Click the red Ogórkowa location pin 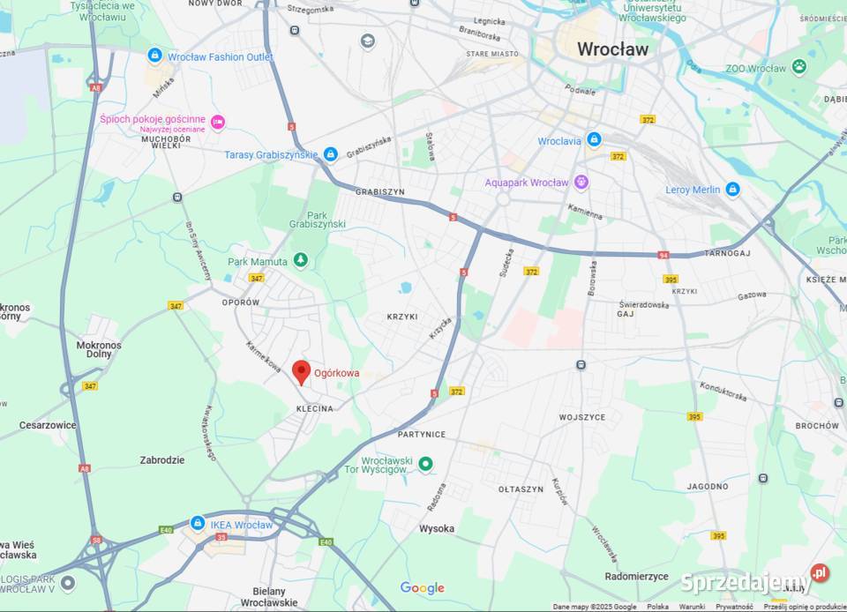(302, 372)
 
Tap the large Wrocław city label (612, 49)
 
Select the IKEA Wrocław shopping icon (198, 523)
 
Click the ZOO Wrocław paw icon (798, 66)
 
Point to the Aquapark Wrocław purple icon (581, 183)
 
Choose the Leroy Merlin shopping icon (732, 189)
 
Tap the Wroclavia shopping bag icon (594, 140)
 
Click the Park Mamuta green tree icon (300, 260)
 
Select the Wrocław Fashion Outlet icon (155, 56)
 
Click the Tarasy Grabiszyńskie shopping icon (331, 154)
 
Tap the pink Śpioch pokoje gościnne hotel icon (218, 122)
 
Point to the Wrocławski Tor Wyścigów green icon (425, 463)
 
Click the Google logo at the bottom (423, 588)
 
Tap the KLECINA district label (315, 408)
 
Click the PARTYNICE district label (422, 434)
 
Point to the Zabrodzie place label (162, 459)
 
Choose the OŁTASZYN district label (521, 489)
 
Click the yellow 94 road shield (662, 255)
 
